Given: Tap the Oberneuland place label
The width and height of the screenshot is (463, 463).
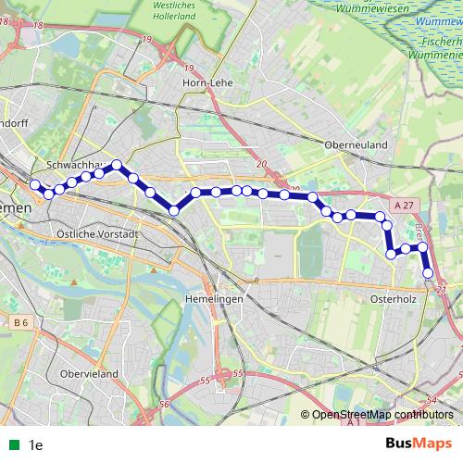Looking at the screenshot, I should [x=356, y=145].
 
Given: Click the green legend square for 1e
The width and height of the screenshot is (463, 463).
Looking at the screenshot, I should [x=11, y=445].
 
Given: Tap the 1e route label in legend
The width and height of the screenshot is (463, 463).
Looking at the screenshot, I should [x=36, y=445].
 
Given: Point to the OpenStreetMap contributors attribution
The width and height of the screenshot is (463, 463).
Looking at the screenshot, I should [x=382, y=416].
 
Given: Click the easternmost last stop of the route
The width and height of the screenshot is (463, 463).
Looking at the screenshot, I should [x=428, y=273].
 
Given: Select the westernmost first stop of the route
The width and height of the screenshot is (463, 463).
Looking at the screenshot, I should [x=35, y=185].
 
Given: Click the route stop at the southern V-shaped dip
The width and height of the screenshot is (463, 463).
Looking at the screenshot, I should [x=173, y=211].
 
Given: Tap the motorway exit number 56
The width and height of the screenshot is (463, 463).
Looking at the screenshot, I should [x=164, y=405].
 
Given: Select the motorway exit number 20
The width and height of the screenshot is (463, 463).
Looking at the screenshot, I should [x=260, y=165].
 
